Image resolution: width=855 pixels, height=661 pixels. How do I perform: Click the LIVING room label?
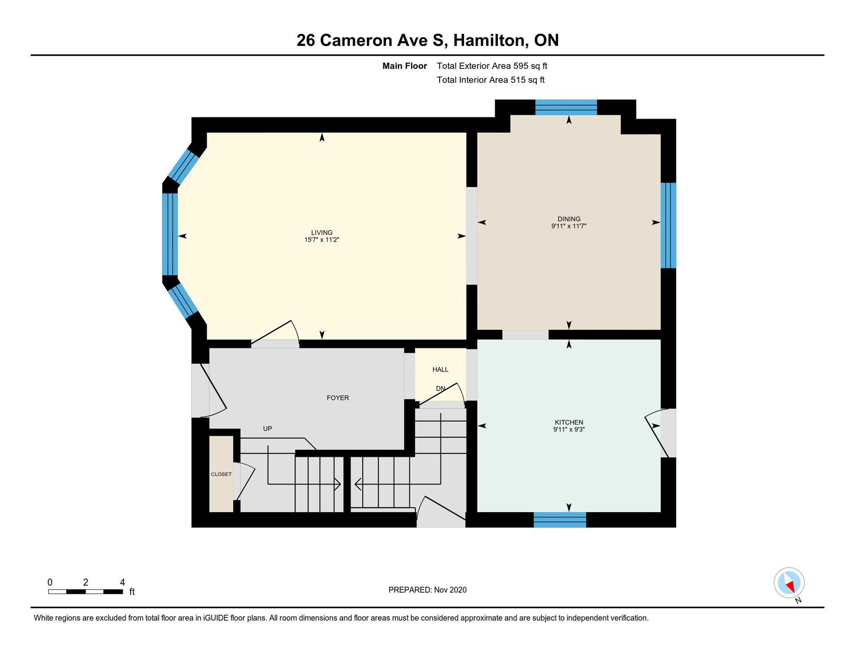coord(322,232)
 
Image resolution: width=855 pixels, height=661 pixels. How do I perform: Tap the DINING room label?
coord(569,219)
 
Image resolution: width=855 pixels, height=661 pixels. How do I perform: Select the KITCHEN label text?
coord(569,422)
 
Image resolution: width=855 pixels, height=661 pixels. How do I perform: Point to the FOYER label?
coord(337,398)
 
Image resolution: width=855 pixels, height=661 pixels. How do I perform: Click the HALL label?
coord(440,369)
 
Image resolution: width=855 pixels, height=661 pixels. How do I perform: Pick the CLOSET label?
coord(221,474)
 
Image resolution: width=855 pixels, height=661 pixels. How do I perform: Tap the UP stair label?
coord(267,429)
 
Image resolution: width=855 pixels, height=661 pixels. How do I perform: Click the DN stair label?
coord(440,388)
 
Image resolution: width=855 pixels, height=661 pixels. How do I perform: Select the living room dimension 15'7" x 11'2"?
coord(321,240)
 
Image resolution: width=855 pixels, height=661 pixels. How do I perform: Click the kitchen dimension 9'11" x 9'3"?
coord(569,430)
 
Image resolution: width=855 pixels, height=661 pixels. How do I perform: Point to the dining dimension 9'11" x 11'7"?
coord(569,226)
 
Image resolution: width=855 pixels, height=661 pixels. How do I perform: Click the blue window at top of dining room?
coord(566,107)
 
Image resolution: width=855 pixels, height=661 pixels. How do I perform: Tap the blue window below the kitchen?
coord(560,520)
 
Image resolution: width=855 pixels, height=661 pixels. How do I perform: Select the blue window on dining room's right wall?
coord(668,225)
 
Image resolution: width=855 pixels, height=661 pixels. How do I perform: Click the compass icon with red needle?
coord(789,583)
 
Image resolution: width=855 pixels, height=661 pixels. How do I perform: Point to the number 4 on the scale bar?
coord(122,582)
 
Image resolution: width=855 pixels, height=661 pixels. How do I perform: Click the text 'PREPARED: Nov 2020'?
coord(427,590)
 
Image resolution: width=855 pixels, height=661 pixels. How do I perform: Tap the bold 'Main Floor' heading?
coord(405,66)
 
